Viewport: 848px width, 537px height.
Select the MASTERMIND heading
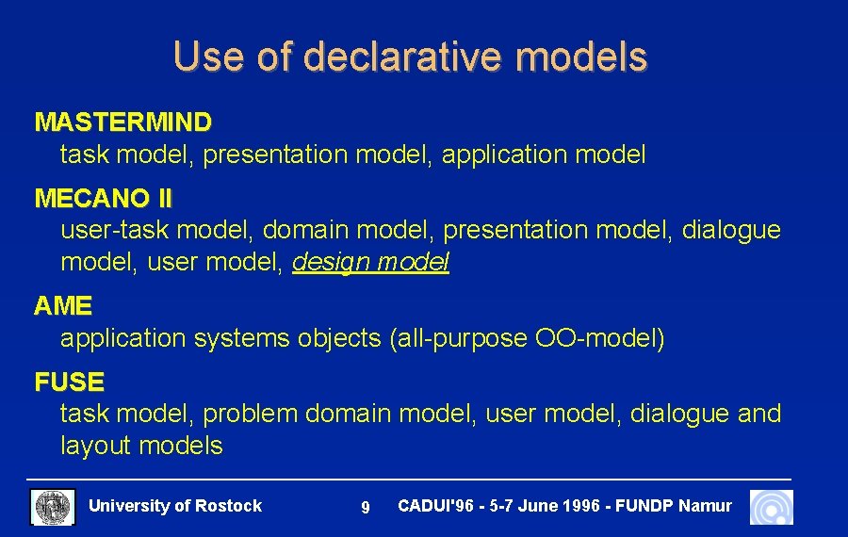(x=122, y=122)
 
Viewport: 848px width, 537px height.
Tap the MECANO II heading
(x=104, y=199)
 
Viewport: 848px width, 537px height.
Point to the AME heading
(x=63, y=306)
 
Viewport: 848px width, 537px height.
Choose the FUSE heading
(x=69, y=382)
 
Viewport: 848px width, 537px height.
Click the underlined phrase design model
(x=370, y=262)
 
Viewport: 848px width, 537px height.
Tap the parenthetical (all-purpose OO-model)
(x=527, y=337)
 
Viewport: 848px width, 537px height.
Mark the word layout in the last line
(x=96, y=445)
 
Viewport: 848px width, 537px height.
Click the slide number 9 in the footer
(x=366, y=508)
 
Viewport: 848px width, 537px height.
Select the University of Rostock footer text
(x=175, y=506)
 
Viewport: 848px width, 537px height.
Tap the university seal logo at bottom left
(x=54, y=507)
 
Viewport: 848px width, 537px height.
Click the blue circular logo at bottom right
(x=772, y=507)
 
